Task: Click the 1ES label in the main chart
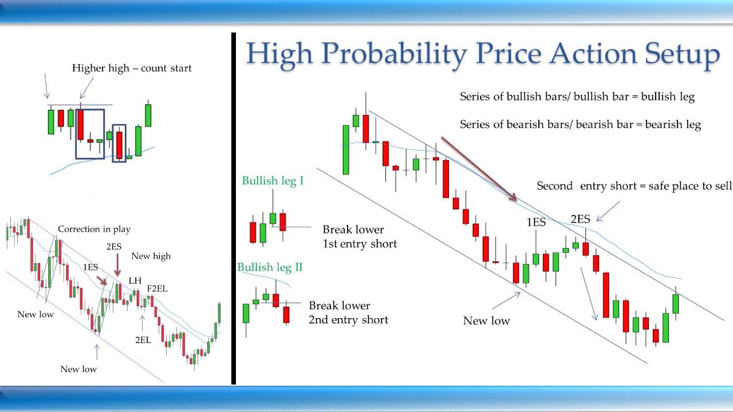pyautogui.click(x=536, y=222)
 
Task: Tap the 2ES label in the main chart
pyautogui.click(x=580, y=219)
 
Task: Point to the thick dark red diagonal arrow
pyautogui.click(x=479, y=169)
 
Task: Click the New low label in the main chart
pyautogui.click(x=486, y=320)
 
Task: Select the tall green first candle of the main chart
pyautogui.click(x=346, y=149)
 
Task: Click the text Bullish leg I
pyautogui.click(x=273, y=181)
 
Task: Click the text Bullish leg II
pyautogui.click(x=270, y=267)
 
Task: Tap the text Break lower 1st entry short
pyautogui.click(x=359, y=236)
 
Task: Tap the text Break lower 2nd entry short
pyautogui.click(x=348, y=312)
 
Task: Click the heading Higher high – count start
pyautogui.click(x=132, y=68)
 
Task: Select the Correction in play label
pyautogui.click(x=94, y=229)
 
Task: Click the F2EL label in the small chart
pyautogui.click(x=157, y=288)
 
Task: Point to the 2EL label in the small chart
pyautogui.click(x=143, y=339)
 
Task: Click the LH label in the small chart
pyautogui.click(x=135, y=280)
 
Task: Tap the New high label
pyautogui.click(x=151, y=256)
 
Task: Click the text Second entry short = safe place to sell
pyautogui.click(x=634, y=186)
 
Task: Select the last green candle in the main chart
pyautogui.click(x=676, y=303)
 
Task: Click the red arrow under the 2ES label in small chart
pyautogui.click(x=117, y=265)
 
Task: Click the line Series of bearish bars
pyautogui.click(x=580, y=124)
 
